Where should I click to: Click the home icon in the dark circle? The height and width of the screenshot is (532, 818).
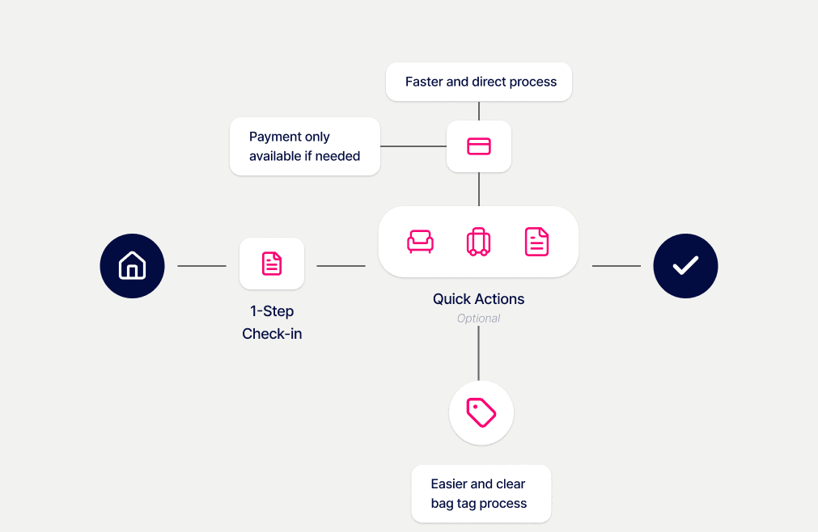(x=132, y=266)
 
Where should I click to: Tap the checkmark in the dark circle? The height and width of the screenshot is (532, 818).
(x=685, y=266)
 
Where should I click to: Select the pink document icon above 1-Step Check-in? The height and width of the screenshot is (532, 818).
(x=272, y=264)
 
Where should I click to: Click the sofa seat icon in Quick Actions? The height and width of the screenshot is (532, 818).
(x=420, y=242)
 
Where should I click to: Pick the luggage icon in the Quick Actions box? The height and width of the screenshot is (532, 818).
(x=478, y=242)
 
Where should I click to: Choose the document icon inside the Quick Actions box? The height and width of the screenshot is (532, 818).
(x=536, y=242)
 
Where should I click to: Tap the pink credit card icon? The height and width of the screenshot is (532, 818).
(x=479, y=146)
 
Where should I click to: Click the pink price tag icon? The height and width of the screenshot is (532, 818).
(x=481, y=412)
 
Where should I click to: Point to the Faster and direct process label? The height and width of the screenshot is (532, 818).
(x=481, y=82)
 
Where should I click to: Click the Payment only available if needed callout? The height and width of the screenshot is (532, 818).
(x=305, y=146)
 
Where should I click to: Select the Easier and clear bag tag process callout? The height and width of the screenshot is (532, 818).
(x=479, y=493)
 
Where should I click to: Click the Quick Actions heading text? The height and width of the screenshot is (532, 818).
(x=478, y=299)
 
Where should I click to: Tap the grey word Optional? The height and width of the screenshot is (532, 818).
(x=478, y=319)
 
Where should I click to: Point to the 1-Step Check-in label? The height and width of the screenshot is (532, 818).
(x=272, y=322)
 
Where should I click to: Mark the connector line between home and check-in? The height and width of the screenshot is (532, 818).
(x=201, y=266)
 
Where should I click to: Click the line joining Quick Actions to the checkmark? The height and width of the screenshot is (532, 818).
(x=616, y=266)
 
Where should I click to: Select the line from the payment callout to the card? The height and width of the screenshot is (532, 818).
(x=413, y=146)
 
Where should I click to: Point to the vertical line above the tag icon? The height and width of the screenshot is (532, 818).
(x=478, y=353)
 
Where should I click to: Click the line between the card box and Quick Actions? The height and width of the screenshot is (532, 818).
(x=479, y=188)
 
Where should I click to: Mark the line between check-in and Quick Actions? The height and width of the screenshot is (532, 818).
(x=341, y=266)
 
